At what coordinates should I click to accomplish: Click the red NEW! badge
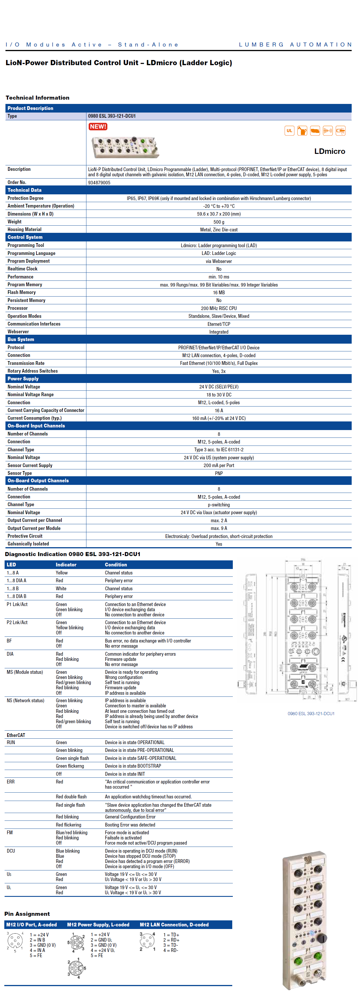(98, 127)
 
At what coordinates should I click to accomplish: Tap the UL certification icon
(289, 131)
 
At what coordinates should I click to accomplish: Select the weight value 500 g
(218, 222)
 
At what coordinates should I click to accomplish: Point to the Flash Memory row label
(22, 292)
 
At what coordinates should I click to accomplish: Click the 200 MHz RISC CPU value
(218, 308)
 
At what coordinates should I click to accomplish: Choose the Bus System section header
(21, 339)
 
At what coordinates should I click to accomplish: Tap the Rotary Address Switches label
(33, 371)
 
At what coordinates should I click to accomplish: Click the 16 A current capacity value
(218, 411)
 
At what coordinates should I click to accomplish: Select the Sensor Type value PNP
(218, 473)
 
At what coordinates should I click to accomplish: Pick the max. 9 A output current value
(218, 528)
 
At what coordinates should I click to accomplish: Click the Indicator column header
(66, 565)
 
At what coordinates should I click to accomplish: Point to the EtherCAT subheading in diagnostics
(16, 735)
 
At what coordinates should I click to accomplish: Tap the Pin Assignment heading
(27, 914)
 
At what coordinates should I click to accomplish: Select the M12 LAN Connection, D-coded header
(174, 924)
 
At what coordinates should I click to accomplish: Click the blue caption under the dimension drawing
(311, 714)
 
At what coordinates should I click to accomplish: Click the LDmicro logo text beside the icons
(329, 151)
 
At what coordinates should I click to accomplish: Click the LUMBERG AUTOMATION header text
(295, 44)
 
